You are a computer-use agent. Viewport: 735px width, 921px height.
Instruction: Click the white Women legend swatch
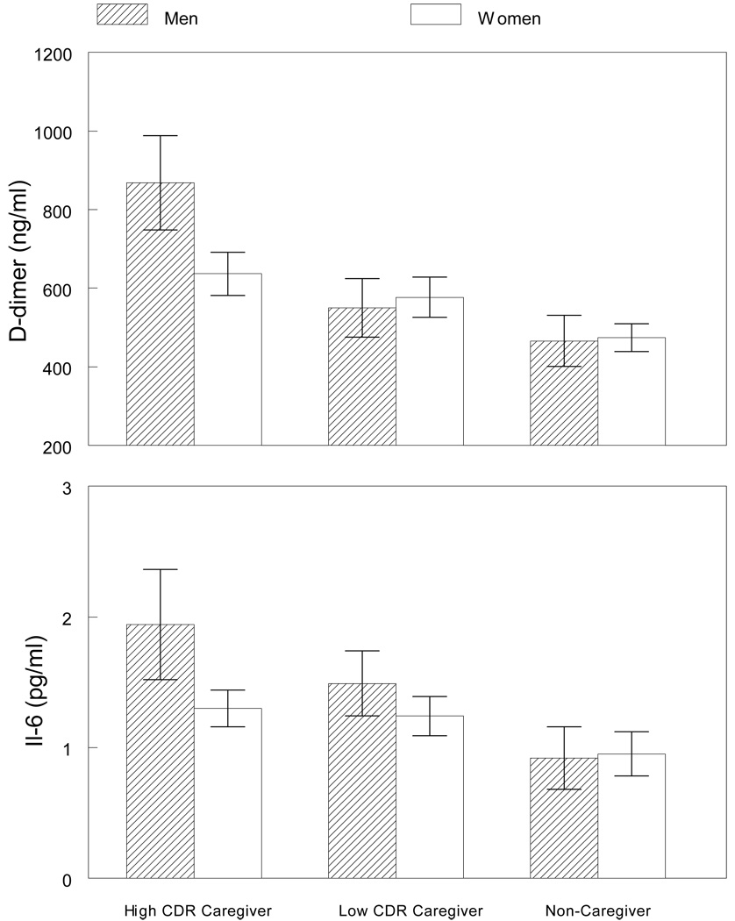(436, 15)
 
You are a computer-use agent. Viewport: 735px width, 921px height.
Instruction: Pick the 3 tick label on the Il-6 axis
(67, 487)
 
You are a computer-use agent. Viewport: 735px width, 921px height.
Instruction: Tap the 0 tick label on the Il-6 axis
(67, 879)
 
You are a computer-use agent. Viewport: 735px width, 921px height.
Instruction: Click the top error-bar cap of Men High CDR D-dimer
(161, 135)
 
